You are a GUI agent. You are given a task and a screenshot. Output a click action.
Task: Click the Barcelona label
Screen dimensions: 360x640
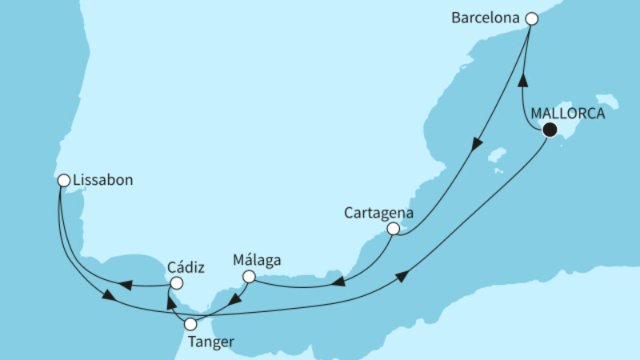(490, 16)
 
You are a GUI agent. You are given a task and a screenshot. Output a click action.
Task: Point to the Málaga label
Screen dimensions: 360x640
(258, 260)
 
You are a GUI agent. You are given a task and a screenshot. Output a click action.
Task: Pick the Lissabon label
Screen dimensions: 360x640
(102, 181)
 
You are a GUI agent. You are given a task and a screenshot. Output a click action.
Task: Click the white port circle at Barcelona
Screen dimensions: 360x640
(530, 17)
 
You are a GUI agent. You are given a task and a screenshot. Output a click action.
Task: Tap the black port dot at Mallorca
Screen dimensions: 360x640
(549, 130)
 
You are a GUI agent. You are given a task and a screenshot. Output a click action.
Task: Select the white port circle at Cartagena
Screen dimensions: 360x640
(393, 229)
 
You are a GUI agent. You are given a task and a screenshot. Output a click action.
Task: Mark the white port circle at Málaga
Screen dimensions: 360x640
(249, 277)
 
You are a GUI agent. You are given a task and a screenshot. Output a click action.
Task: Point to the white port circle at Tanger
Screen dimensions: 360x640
(190, 325)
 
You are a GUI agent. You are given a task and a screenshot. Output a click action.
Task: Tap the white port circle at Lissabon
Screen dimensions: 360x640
(63, 181)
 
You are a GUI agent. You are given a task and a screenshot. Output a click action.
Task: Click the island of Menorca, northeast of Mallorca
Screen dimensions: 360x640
(610, 102)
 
